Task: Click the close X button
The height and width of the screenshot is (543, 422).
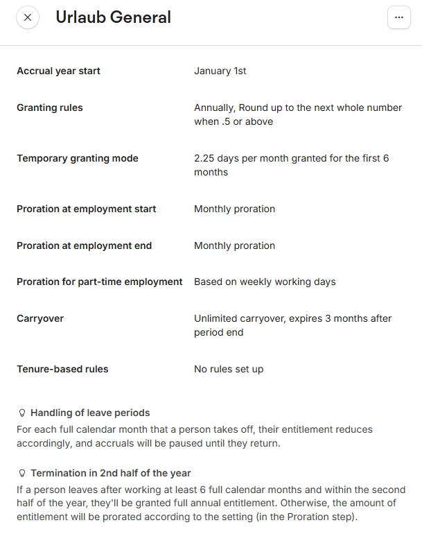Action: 27,17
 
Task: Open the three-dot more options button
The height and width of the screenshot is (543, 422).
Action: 398,17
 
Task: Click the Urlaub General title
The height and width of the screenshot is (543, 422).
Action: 113,17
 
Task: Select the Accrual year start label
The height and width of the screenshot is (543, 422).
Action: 58,71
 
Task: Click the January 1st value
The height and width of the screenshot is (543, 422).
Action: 220,71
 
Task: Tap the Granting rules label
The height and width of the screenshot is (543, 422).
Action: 49,107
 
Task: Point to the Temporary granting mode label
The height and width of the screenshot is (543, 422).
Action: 78,158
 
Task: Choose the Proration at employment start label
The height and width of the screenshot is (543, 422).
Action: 86,209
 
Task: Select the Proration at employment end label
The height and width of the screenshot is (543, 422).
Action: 84,245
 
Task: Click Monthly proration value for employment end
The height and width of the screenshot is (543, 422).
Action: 234,245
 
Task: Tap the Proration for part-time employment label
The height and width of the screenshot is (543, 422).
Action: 100,282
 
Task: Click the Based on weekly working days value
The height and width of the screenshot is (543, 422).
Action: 265,282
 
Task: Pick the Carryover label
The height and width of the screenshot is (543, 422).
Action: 40,318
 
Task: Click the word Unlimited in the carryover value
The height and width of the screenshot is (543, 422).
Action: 216,318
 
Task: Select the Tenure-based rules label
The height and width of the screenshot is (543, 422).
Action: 62,369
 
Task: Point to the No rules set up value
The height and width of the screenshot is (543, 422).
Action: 229,369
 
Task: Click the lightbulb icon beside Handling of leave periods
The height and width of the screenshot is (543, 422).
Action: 22,413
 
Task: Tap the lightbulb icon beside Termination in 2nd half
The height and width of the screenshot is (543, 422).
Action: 22,474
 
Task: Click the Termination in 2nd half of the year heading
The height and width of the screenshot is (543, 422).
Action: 110,473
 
